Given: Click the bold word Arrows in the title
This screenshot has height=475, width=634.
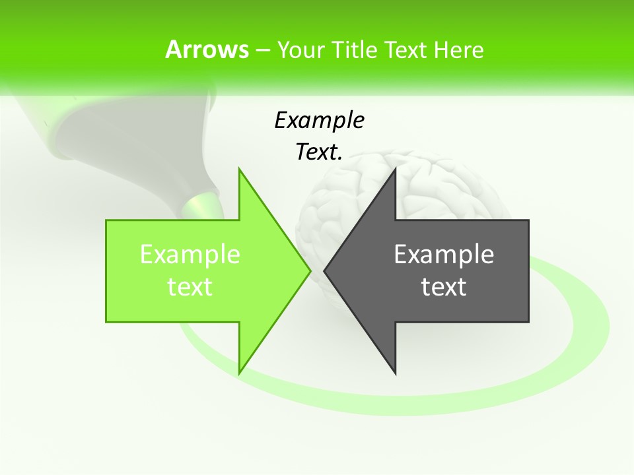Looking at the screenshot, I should pyautogui.click(x=206, y=49).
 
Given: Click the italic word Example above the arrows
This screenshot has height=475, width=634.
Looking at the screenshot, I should pyautogui.click(x=319, y=121).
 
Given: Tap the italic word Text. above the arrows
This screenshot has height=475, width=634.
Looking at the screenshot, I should pyautogui.click(x=319, y=152).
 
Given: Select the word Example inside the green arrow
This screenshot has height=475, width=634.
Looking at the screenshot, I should pyautogui.click(x=190, y=255).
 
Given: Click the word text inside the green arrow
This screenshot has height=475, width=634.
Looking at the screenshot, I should pyautogui.click(x=190, y=287).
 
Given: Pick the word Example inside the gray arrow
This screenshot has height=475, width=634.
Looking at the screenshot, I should pyautogui.click(x=444, y=255).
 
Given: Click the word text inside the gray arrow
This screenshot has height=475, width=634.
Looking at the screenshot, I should pyautogui.click(x=444, y=287).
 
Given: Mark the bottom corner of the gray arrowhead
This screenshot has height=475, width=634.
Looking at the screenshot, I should pyautogui.click(x=395, y=372).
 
